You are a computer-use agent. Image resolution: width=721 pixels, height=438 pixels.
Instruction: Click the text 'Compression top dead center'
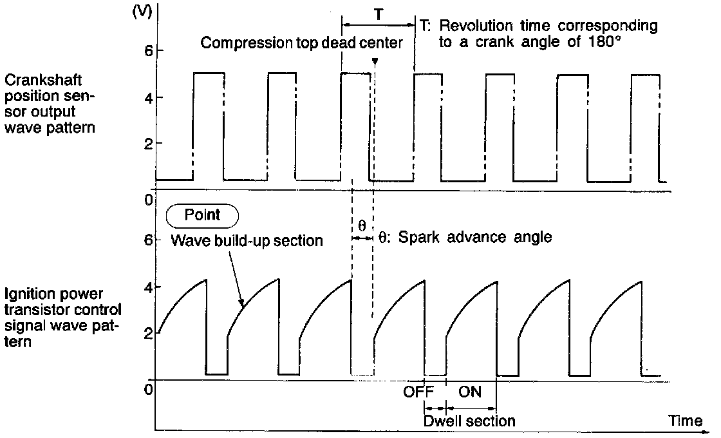(301, 44)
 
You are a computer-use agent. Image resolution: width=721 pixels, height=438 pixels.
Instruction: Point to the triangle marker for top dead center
(374, 62)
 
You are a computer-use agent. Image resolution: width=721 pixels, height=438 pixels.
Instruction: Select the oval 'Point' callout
(202, 215)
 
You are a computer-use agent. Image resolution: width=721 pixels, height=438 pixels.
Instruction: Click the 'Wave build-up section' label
(246, 242)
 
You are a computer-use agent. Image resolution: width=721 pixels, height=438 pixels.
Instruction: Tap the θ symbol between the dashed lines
(362, 226)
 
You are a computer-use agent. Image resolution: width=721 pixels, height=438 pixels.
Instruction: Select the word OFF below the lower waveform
(418, 392)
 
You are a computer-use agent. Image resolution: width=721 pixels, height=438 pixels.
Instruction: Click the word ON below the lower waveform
(470, 392)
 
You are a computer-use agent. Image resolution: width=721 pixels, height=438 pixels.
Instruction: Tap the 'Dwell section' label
(470, 421)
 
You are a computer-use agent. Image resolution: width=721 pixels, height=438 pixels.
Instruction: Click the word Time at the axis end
(685, 421)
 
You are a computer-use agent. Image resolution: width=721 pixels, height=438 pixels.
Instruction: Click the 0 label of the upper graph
(147, 200)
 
